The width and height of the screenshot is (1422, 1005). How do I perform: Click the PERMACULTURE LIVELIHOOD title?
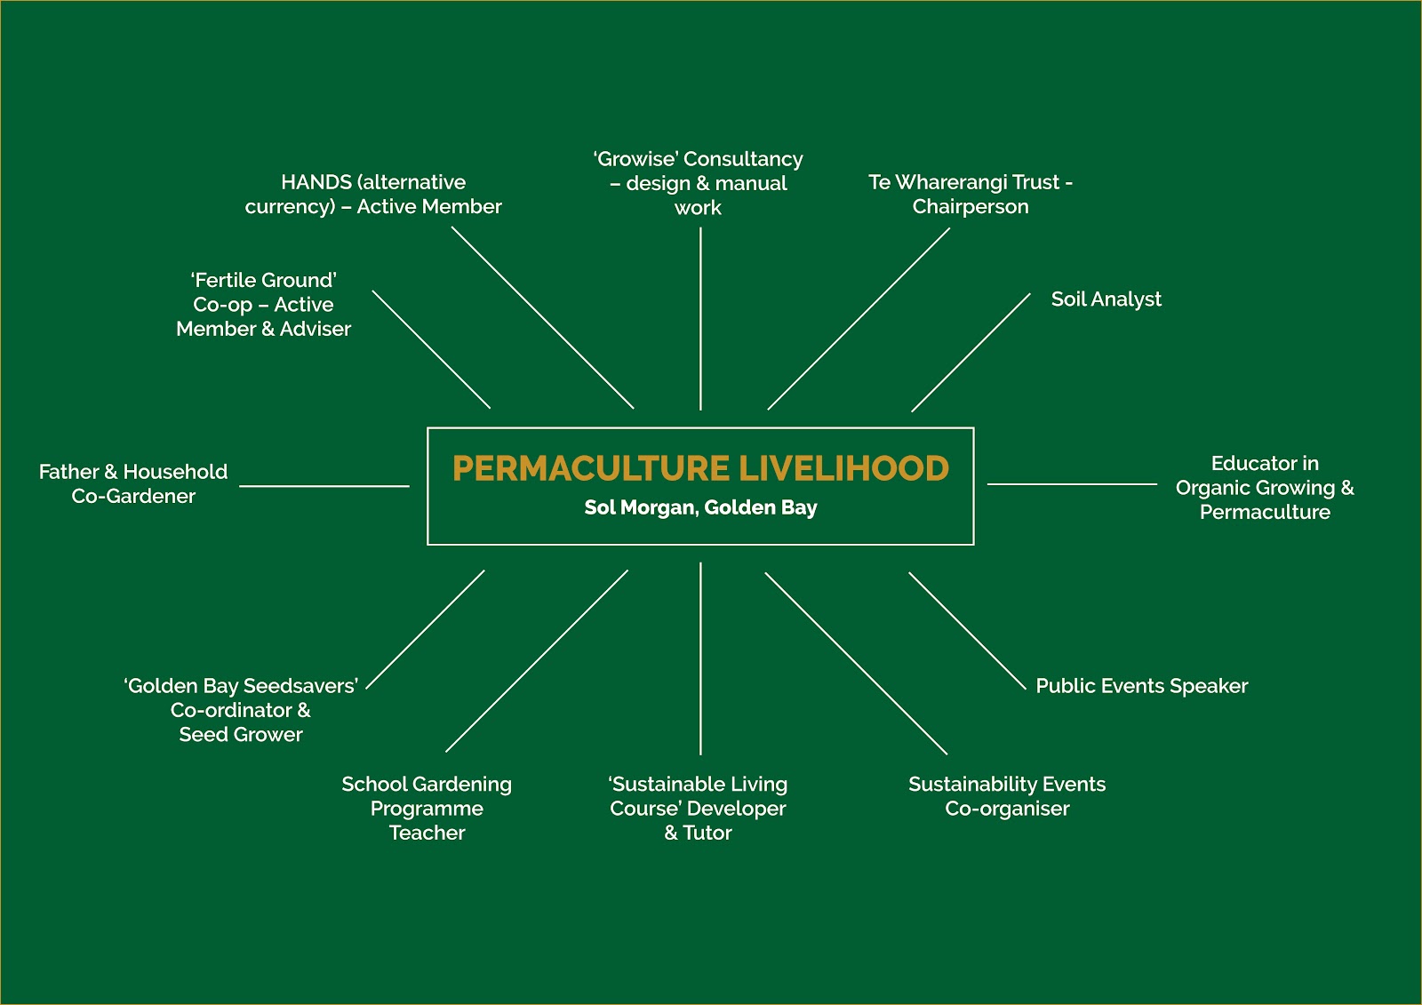click(x=700, y=468)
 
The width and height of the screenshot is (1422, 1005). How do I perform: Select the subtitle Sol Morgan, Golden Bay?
click(x=700, y=507)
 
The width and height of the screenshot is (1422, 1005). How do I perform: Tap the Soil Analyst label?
click(x=1106, y=299)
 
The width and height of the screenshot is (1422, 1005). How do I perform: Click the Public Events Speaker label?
click(x=1141, y=686)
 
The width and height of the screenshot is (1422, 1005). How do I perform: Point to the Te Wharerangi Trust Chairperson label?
click(x=971, y=194)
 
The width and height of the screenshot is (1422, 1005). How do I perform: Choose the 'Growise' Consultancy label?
click(x=699, y=183)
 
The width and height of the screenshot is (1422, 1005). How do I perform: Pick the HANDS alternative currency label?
click(x=373, y=194)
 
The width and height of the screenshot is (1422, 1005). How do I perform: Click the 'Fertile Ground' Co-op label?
click(x=264, y=304)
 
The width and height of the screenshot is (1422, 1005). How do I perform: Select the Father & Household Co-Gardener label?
click(x=133, y=483)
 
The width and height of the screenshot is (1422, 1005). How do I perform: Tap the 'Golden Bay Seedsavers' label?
click(x=241, y=710)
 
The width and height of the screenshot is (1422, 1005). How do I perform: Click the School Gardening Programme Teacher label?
click(x=427, y=808)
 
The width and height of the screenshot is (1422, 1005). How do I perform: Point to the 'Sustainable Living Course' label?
click(x=699, y=808)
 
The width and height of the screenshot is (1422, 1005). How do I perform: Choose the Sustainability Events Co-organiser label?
click(x=1007, y=796)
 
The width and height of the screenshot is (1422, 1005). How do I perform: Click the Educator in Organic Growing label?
click(x=1265, y=487)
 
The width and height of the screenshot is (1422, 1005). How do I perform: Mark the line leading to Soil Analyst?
click(x=971, y=353)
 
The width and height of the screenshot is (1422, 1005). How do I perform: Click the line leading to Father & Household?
click(x=324, y=486)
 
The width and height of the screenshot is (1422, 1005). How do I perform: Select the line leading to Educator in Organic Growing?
click(x=1072, y=484)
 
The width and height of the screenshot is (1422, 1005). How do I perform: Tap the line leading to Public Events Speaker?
click(x=967, y=631)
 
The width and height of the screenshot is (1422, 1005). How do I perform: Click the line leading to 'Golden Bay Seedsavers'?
click(x=426, y=628)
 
